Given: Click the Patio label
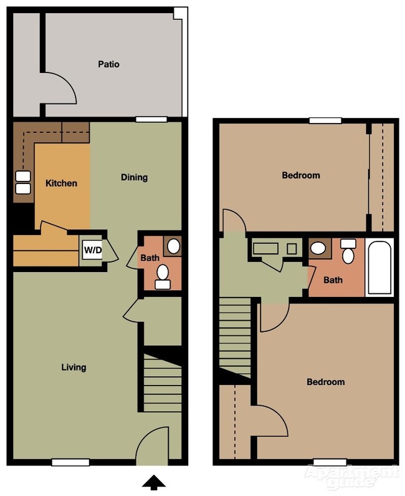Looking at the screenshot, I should [x=108, y=64].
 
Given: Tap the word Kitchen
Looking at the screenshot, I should [x=62, y=183].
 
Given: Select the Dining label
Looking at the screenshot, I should [x=134, y=177].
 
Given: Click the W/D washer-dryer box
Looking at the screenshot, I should [x=92, y=251].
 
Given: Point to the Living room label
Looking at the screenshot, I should [x=74, y=367].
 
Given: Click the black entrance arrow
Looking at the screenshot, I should [x=154, y=482].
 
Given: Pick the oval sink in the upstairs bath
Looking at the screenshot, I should [x=318, y=248].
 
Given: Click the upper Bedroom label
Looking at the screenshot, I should [x=301, y=175].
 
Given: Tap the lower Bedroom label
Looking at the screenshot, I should [x=325, y=382].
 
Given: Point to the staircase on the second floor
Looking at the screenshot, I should [x=235, y=337].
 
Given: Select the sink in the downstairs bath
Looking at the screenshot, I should [x=173, y=246].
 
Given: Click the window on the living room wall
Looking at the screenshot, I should [x=70, y=462].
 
